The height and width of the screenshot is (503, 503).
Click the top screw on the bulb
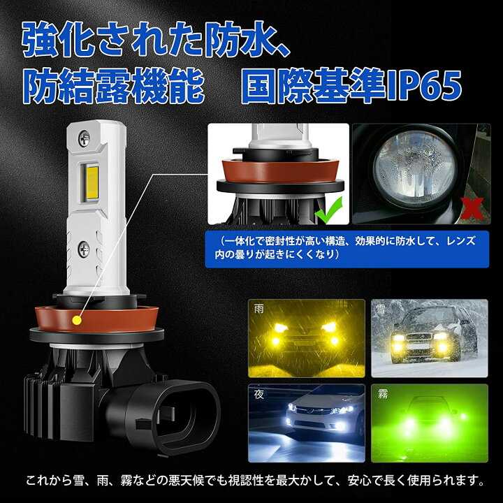[x=84, y=140]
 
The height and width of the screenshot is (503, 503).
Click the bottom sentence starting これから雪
[x=251, y=480]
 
